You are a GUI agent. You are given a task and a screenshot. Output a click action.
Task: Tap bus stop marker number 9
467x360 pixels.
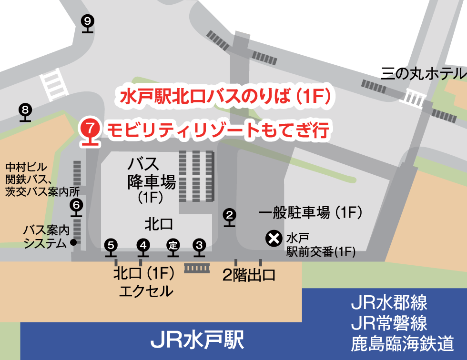(x=87, y=21)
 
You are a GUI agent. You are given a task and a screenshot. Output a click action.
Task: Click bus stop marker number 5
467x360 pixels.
(x=111, y=245)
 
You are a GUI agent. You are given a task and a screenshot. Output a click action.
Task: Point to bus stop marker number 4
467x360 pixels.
(x=143, y=245)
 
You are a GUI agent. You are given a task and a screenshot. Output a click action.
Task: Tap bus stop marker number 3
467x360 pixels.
(x=199, y=245)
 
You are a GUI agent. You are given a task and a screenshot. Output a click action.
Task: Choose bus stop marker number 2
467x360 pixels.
(x=230, y=215)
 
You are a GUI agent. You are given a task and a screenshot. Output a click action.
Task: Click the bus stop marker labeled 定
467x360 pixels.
(x=173, y=245)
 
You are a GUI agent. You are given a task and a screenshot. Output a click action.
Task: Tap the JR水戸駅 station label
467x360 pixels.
(x=197, y=340)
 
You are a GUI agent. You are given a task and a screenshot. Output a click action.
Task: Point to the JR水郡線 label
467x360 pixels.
(x=389, y=302)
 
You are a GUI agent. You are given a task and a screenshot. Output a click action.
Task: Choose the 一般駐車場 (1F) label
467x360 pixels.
(x=309, y=212)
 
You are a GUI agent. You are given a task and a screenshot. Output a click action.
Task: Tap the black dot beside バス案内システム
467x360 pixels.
(x=73, y=242)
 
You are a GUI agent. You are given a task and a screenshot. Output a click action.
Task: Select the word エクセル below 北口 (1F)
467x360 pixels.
(x=146, y=291)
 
